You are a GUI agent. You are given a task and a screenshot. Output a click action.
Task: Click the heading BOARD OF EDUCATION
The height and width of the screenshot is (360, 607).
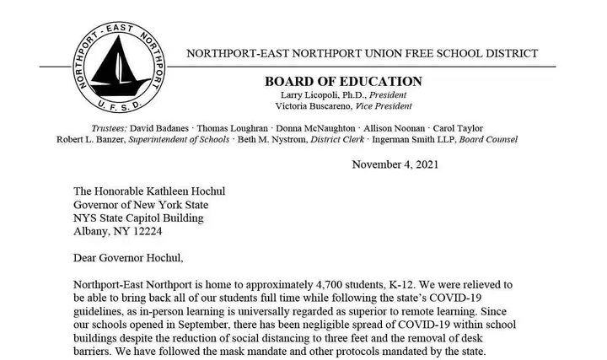coord(343,81)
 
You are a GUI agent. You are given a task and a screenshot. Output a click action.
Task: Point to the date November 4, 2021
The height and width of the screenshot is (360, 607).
coord(395,164)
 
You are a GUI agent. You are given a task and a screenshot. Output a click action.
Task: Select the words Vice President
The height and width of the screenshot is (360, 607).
coord(382,106)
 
